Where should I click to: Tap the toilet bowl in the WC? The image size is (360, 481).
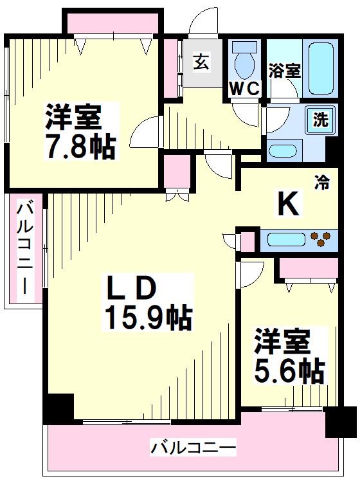pos(244,62)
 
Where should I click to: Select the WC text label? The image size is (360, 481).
pos(244,89)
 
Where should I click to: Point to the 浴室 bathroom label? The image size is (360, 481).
pos(284,70)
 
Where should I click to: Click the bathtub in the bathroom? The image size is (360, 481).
pos(322,68)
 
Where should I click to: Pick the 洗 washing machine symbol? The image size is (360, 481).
pos(319,118)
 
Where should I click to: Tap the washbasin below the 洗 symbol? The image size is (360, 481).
pos(283,150)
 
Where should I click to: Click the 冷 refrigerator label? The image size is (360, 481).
pos(322,183)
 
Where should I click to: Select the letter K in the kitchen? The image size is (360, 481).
pos(287,204)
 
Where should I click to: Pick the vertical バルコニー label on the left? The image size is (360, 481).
pos(26,248)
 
